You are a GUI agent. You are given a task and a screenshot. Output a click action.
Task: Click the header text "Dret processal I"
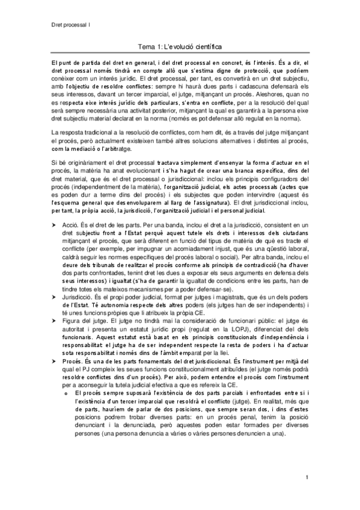(x=70, y=25)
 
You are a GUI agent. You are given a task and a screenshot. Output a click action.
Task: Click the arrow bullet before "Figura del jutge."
(x=54, y=319)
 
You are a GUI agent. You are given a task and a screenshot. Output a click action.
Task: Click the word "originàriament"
(x=84, y=163)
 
